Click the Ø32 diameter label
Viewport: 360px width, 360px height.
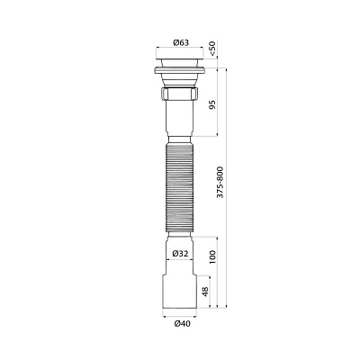[x=179, y=253]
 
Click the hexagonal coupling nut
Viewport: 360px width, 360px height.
[x=180, y=94]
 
